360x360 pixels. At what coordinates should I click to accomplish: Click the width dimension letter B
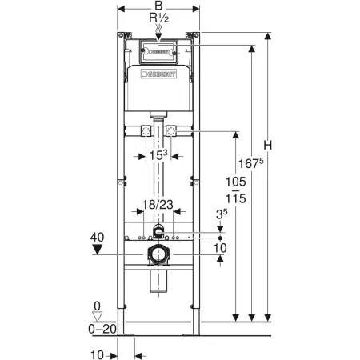tap(158, 6)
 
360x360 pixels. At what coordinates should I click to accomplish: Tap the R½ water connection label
tap(159, 18)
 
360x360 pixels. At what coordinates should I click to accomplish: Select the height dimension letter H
tap(268, 146)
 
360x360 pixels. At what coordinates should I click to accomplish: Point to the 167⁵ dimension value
tap(250, 163)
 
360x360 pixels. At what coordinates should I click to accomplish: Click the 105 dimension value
tap(236, 182)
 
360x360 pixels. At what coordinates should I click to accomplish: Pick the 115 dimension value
tap(236, 198)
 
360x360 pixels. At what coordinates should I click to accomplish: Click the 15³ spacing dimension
tap(158, 155)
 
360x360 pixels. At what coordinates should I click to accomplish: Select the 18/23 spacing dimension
tap(158, 205)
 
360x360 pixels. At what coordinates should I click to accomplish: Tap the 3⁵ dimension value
tap(222, 214)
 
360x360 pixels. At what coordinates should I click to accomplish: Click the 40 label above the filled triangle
tap(97, 237)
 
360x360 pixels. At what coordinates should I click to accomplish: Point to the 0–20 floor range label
tap(102, 329)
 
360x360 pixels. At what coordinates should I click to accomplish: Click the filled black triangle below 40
tap(97, 250)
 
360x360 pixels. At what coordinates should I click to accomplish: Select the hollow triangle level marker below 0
tap(97, 317)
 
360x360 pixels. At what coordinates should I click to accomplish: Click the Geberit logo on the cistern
tap(158, 74)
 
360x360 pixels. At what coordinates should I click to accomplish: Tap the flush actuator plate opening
tap(158, 52)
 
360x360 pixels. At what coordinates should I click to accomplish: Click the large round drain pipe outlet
tap(158, 254)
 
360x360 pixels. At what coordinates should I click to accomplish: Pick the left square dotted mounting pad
tap(146, 131)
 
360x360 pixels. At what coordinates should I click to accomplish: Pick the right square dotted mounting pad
tap(171, 131)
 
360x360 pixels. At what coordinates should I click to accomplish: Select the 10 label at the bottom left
tap(97, 355)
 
